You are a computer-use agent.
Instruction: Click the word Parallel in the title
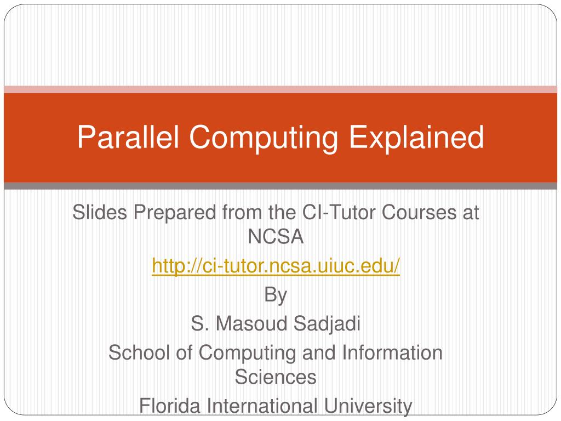tap(128, 136)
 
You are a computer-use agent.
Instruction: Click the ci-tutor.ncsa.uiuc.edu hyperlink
tap(276, 265)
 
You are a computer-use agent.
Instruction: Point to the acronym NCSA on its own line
tap(276, 236)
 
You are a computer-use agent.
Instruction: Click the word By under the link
tap(276, 295)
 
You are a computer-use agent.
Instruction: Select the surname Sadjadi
tap(327, 324)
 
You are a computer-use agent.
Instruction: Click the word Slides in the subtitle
tap(100, 212)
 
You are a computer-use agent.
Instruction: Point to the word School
tap(139, 352)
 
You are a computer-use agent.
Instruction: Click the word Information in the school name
tap(392, 352)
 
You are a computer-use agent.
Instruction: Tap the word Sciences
tap(276, 377)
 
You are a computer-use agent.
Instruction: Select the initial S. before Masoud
tap(200, 323)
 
